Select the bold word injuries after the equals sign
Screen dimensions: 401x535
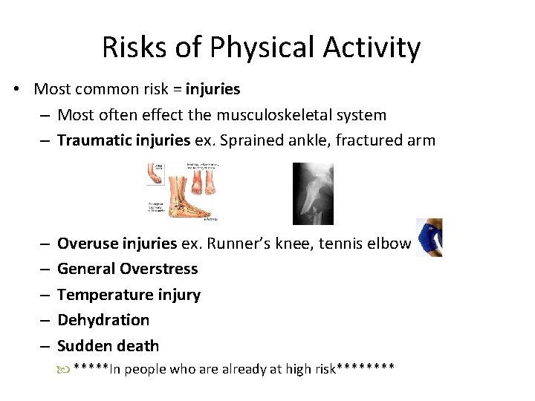(x=213, y=90)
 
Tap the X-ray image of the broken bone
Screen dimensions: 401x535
(x=313, y=193)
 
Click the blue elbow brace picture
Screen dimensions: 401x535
(x=430, y=237)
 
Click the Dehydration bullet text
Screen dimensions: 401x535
(x=103, y=320)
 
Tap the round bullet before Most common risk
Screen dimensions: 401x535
(x=16, y=90)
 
